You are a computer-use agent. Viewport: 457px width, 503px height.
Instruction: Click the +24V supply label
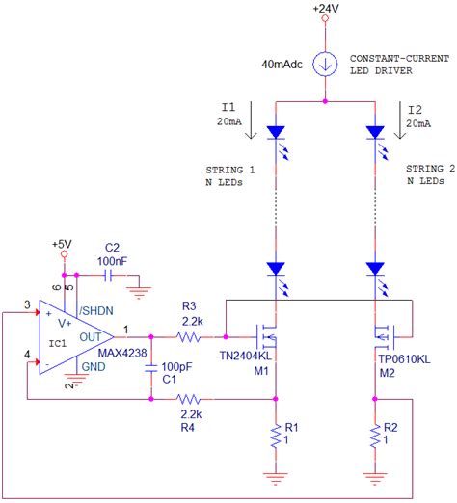point(325,9)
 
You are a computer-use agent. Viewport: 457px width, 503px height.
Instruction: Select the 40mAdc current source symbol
point(326,66)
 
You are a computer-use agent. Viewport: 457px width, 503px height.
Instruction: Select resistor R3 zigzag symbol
point(189,337)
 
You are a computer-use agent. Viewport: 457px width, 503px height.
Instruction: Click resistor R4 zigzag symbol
point(190,397)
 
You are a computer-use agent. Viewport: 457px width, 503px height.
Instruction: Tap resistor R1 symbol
point(277,439)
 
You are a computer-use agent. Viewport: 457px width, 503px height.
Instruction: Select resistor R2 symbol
point(375,439)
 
